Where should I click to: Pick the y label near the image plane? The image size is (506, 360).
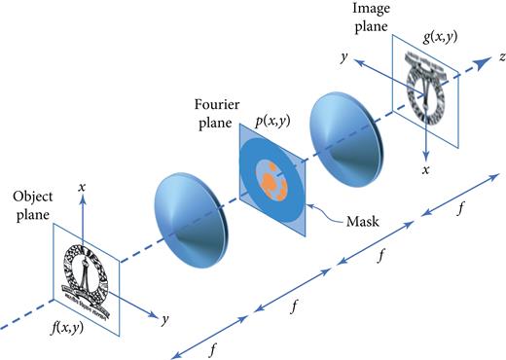(342, 58)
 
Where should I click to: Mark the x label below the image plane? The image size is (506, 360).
(424, 169)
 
